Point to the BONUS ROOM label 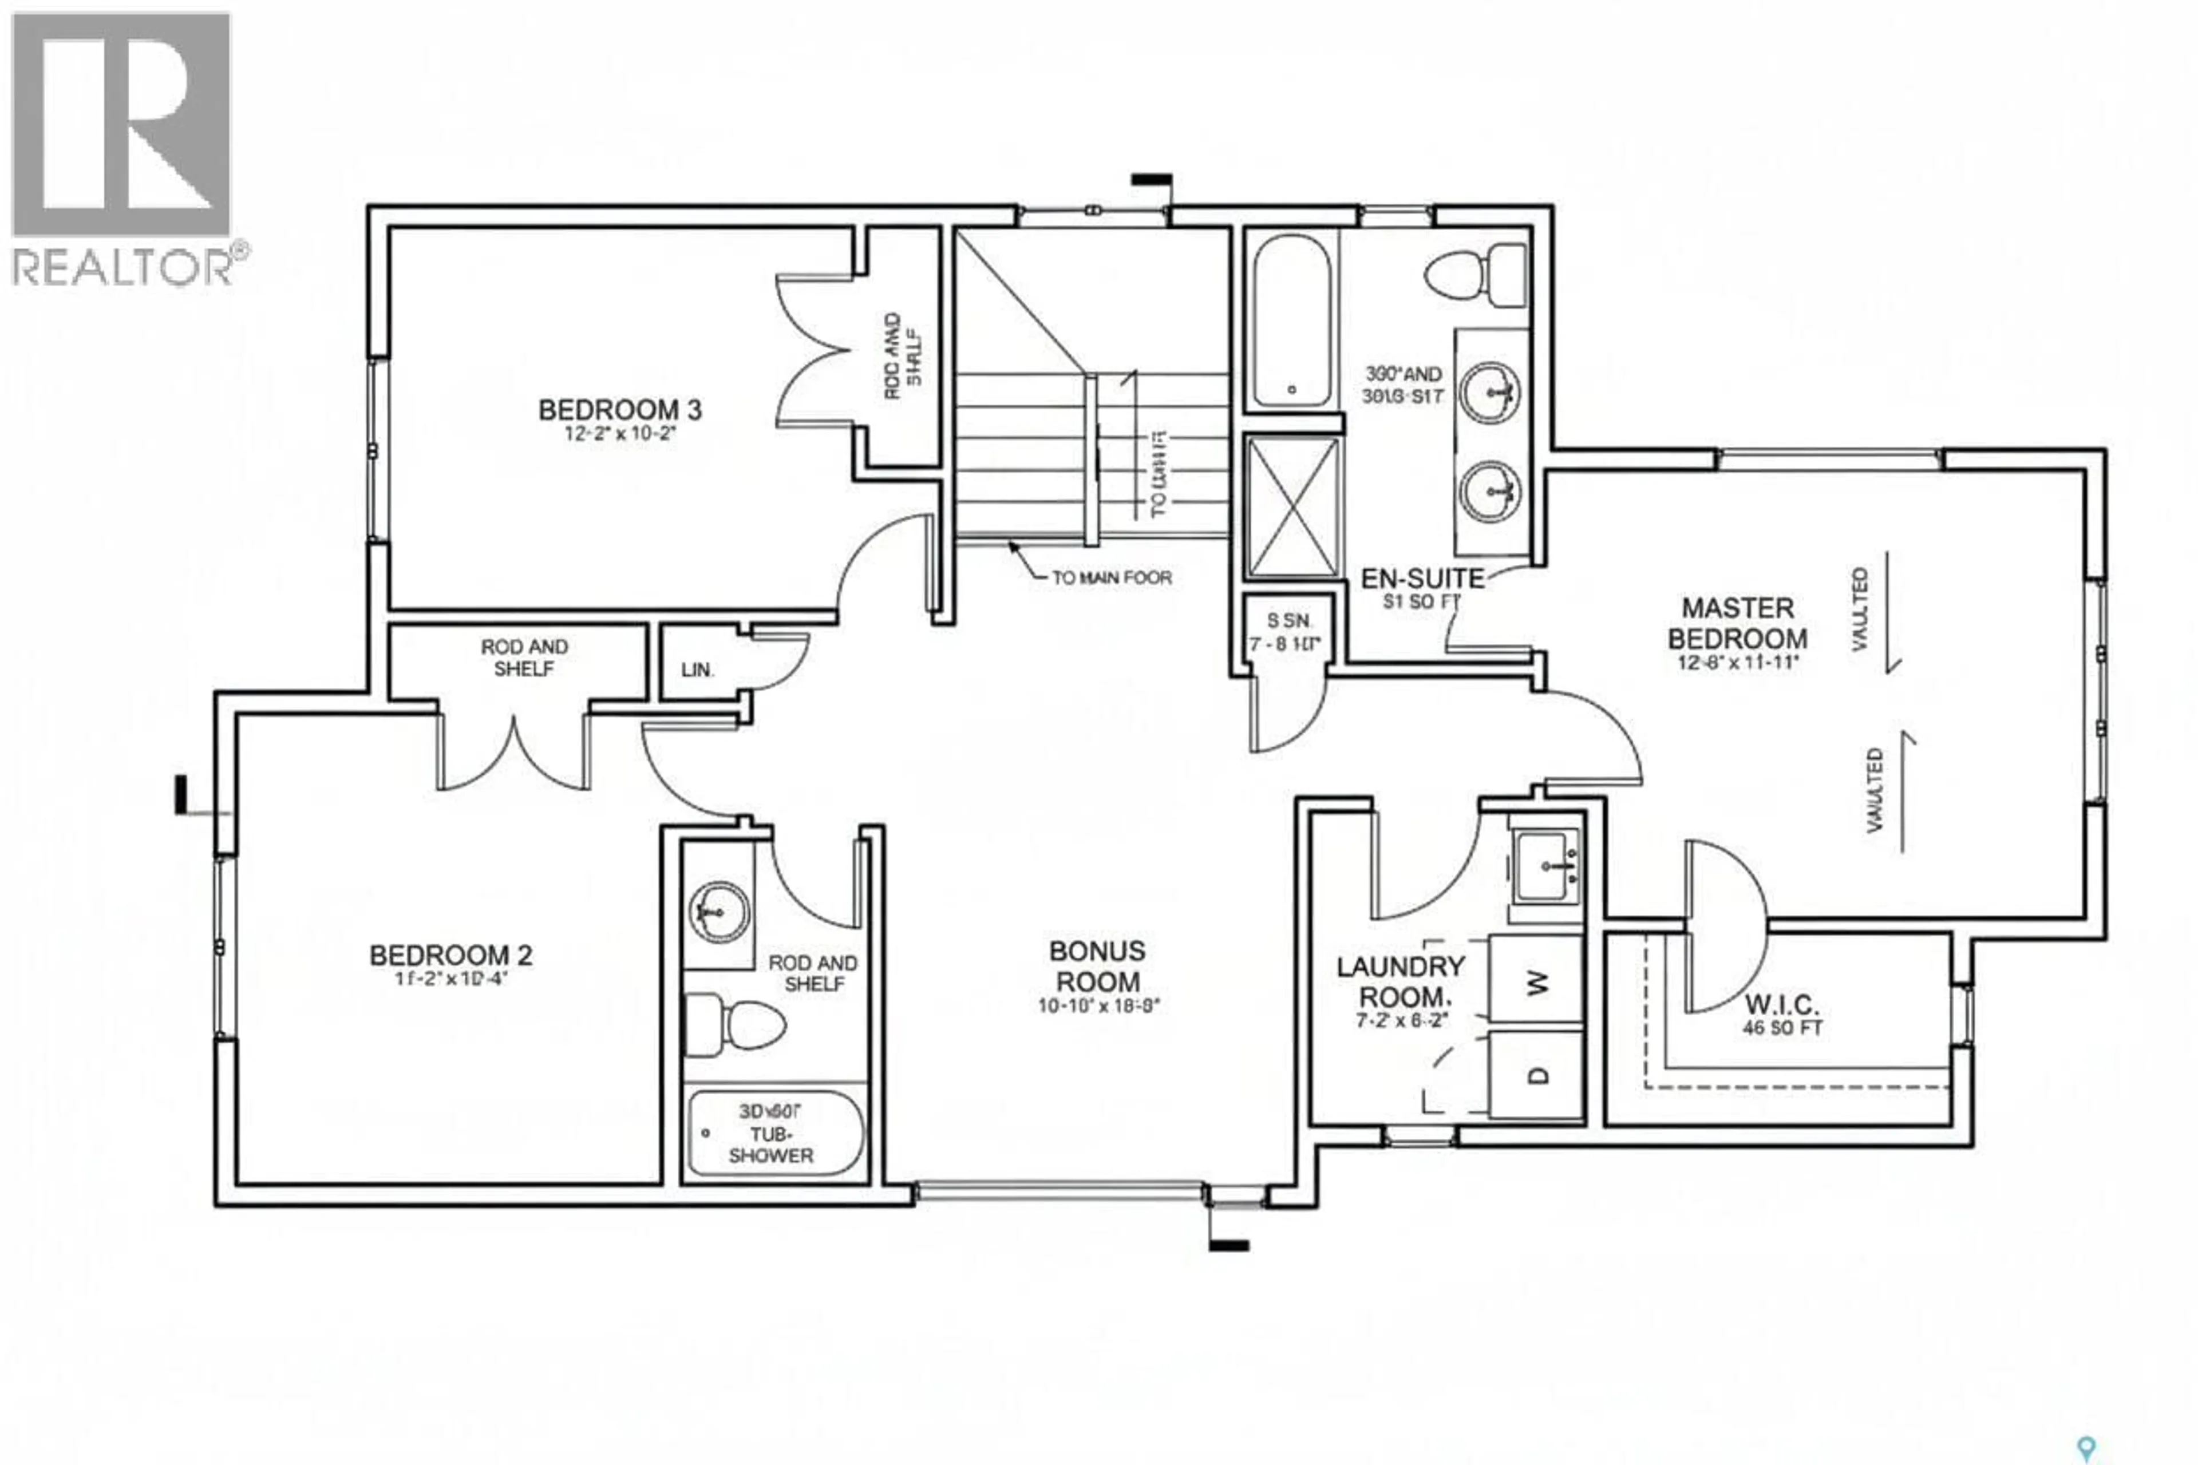click(1097, 966)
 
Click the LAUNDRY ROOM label click(1400, 981)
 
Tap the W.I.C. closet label click(1781, 1005)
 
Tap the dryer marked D click(1535, 1075)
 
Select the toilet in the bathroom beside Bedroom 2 click(736, 1025)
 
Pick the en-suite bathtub click(1291, 320)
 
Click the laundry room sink click(1545, 867)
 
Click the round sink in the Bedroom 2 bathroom click(719, 909)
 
